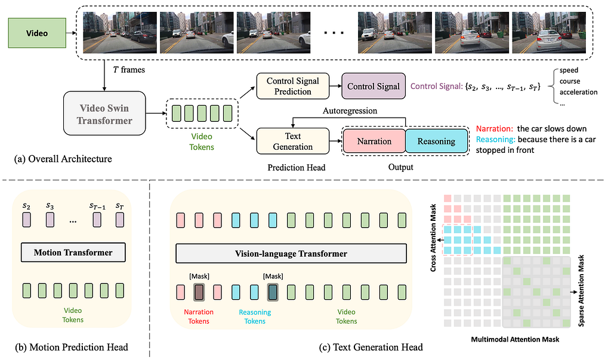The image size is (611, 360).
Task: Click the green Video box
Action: (37, 33)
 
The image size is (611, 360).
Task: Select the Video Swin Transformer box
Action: (104, 113)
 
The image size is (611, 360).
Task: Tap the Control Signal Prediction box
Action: (292, 86)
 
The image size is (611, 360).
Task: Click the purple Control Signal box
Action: (374, 86)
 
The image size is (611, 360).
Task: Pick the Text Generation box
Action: (292, 141)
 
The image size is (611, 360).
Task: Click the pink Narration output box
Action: (374, 141)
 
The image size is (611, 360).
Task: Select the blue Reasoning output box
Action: (436, 141)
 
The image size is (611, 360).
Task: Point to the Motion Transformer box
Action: (73, 253)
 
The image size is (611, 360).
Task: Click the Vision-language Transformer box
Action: (291, 254)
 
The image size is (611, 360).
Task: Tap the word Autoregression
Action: (350, 111)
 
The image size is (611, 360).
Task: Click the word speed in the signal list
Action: (569, 70)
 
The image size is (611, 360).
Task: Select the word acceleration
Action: (578, 92)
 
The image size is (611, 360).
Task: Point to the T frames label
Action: (129, 70)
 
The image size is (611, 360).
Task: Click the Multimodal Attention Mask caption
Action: (515, 339)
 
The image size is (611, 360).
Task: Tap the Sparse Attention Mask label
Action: (581, 291)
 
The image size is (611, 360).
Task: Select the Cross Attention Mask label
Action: (433, 238)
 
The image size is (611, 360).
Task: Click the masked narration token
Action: (199, 292)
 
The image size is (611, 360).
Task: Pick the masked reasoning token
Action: (273, 292)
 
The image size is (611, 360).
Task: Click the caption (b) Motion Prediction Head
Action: (72, 347)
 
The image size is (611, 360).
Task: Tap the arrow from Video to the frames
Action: (72, 33)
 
